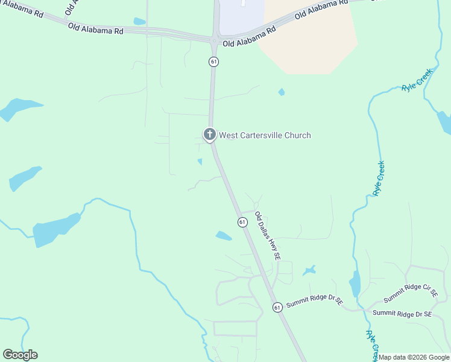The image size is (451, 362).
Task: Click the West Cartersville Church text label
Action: (265, 135)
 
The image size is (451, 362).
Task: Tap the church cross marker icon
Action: (209, 134)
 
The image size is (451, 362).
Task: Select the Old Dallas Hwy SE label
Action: (268, 235)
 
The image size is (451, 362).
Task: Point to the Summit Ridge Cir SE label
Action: (411, 294)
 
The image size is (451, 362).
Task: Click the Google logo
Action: (20, 355)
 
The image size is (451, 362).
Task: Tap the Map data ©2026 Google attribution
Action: (414, 357)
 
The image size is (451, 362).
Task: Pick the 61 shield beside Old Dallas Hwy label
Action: (242, 222)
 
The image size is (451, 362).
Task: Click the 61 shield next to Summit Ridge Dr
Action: (277, 307)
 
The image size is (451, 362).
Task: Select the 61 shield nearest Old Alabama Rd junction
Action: (213, 62)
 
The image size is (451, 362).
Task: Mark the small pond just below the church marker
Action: (200, 162)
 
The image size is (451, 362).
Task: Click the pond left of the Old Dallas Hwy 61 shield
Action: (224, 236)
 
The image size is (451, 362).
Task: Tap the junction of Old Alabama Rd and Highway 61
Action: (214, 40)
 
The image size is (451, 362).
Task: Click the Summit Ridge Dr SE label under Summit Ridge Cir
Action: (402, 314)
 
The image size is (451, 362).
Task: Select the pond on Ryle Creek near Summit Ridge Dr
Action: (355, 284)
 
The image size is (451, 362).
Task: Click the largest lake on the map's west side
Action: (55, 229)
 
